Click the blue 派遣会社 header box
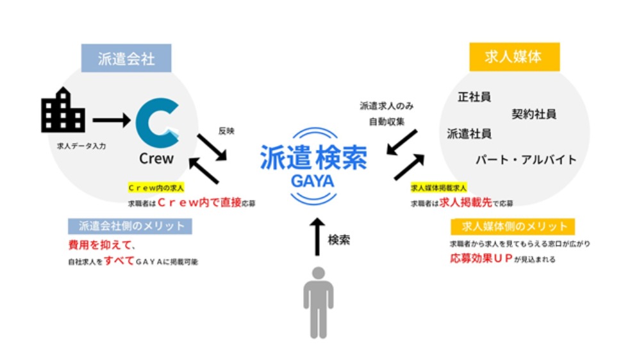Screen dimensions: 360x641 (126, 58)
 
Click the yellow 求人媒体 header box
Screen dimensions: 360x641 (515, 56)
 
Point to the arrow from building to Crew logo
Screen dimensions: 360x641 (112, 120)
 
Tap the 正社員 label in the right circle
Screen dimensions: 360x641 (474, 98)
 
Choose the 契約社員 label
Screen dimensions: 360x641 (533, 115)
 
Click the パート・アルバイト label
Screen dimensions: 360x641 (526, 159)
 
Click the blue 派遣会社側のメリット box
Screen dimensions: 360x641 (131, 225)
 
